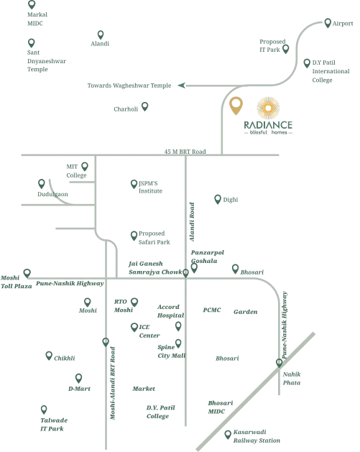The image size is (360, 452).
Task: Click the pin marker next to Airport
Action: [x=328, y=23]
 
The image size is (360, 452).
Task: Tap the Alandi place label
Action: [x=100, y=44]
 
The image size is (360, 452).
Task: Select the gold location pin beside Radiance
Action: [x=236, y=105]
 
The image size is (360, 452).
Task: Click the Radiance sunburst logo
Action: [x=268, y=108]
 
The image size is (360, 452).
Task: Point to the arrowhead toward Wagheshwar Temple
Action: [x=182, y=86]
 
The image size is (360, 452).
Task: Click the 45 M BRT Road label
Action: [x=185, y=152]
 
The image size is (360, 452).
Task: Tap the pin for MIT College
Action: [x=85, y=166]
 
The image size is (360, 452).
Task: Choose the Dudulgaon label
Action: [x=52, y=194]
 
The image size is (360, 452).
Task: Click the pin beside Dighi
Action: [x=218, y=199]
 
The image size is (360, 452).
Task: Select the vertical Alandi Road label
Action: [x=192, y=221]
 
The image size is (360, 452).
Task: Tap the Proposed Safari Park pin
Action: [x=134, y=236]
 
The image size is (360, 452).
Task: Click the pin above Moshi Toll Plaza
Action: [x=27, y=273]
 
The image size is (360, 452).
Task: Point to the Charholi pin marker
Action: [x=144, y=106]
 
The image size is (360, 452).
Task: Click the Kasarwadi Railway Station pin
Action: [x=228, y=435]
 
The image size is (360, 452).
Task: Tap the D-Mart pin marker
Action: [x=78, y=378]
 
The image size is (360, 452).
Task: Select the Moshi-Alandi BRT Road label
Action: [x=113, y=383]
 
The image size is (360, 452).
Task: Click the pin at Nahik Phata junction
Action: [x=279, y=363]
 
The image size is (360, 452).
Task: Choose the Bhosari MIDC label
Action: [x=221, y=407]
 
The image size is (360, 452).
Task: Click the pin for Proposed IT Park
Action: [x=286, y=49]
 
